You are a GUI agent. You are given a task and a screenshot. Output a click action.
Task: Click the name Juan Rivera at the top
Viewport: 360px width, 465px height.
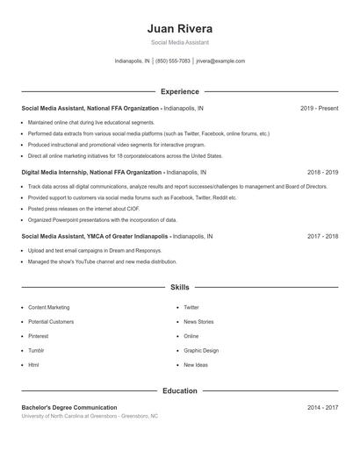tap(179, 28)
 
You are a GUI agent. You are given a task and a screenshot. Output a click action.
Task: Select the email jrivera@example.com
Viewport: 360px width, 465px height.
tap(220, 61)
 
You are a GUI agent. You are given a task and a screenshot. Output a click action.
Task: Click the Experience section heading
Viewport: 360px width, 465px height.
tap(179, 91)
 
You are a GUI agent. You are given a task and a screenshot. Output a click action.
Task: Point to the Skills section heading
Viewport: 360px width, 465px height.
tap(179, 287)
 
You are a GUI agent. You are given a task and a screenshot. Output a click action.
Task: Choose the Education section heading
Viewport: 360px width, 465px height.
tap(179, 390)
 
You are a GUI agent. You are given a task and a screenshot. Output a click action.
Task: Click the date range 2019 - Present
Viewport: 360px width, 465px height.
tap(319, 109)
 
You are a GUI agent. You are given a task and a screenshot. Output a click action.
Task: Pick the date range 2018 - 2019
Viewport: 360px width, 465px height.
tap(322, 173)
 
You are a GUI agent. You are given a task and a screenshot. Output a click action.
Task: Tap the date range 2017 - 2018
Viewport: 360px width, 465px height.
tap(322, 237)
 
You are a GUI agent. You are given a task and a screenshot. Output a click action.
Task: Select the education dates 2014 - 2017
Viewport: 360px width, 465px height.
tap(322, 408)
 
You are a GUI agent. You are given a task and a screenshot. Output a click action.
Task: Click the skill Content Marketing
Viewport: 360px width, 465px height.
tap(48, 308)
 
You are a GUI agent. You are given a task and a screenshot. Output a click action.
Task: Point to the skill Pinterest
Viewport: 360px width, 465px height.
tap(38, 336)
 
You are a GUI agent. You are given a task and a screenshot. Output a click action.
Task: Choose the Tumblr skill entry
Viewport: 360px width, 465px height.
tap(36, 350)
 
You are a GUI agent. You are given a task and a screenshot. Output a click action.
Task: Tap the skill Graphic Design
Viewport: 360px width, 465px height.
tap(201, 350)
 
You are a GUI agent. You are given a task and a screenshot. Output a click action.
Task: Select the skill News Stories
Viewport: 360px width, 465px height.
tap(198, 322)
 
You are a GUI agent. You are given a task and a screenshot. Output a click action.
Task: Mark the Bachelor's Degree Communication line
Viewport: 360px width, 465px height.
tap(68, 408)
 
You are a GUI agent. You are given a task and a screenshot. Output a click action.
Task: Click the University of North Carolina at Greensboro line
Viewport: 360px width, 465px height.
tap(90, 416)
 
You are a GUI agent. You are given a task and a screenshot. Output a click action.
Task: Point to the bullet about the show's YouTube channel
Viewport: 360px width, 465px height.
tap(102, 261)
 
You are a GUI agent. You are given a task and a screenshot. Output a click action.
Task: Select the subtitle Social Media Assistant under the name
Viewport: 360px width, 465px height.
tap(179, 42)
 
